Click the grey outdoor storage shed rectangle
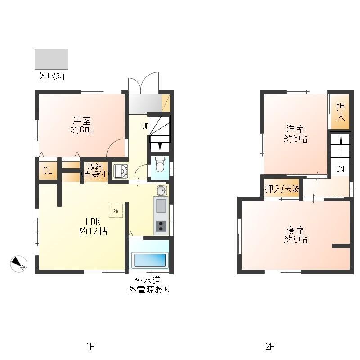pos(51,59)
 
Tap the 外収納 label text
pos(51,76)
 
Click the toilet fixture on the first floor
pos(160,165)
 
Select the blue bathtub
pos(149,261)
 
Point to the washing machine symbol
pos(120,171)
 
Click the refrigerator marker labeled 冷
pos(116,211)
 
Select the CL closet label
pos(47,171)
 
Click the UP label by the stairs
pos(145,126)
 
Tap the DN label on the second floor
pos(340,169)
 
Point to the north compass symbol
pos(19,264)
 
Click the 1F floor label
pos(90,346)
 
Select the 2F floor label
pos(270,346)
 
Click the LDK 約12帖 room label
pos(93,227)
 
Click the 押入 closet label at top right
pos(341,112)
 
